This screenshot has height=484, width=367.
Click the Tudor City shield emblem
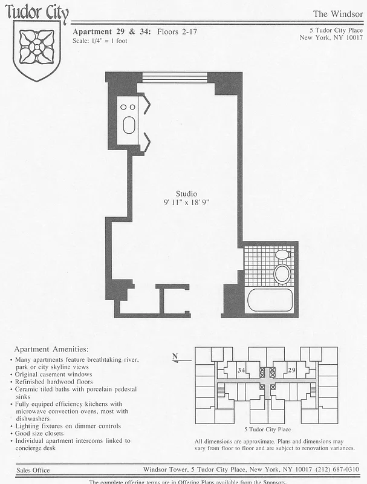pos(37,48)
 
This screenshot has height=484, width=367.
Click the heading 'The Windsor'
pos(337,14)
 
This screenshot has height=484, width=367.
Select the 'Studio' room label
pos(186,194)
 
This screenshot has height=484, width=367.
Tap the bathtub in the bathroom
pos(269,301)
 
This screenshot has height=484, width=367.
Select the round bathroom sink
pos(282,273)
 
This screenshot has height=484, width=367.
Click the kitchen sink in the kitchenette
pos(129,125)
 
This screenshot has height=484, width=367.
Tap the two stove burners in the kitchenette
pos(128,106)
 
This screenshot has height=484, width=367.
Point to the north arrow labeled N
pos(176,358)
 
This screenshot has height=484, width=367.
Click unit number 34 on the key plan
pos(241,370)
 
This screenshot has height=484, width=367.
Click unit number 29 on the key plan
pos(292,370)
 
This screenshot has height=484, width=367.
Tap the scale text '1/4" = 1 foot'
pos(106,41)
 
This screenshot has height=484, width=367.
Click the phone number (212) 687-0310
pos(338,469)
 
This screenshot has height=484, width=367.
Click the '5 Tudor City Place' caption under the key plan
pos(267,429)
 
